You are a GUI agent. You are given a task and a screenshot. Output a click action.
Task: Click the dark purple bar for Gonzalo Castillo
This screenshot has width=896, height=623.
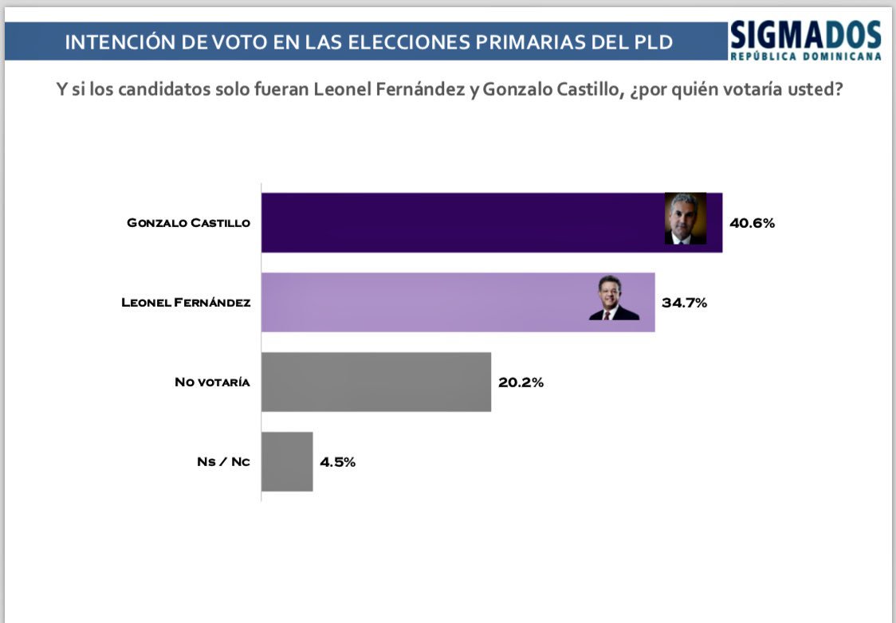click(x=462, y=223)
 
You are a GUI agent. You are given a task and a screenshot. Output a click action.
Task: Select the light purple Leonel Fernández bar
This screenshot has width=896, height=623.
click(x=422, y=303)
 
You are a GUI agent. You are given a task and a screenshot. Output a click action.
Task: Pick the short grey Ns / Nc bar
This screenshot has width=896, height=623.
click(x=288, y=462)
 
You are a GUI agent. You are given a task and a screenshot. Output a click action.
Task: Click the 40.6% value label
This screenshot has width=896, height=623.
click(x=752, y=223)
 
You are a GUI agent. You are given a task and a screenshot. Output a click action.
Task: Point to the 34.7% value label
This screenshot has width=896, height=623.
click(x=684, y=303)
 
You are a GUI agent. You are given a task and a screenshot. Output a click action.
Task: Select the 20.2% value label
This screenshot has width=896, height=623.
click(x=521, y=382)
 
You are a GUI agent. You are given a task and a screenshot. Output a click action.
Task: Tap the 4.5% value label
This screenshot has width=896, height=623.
click(x=338, y=462)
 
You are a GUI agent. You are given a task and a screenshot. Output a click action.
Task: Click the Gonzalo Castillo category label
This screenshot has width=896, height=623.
click(x=188, y=223)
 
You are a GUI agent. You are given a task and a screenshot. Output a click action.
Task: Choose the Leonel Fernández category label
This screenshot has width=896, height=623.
click(x=186, y=303)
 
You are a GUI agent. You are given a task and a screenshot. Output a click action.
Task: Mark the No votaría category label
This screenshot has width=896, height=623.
click(x=212, y=382)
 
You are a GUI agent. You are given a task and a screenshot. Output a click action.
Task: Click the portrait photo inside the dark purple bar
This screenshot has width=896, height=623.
click(x=686, y=218)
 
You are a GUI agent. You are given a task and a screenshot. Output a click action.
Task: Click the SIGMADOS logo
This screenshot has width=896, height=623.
click(x=805, y=35)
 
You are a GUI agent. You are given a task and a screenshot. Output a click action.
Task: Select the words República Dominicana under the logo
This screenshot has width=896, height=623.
click(x=805, y=57)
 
